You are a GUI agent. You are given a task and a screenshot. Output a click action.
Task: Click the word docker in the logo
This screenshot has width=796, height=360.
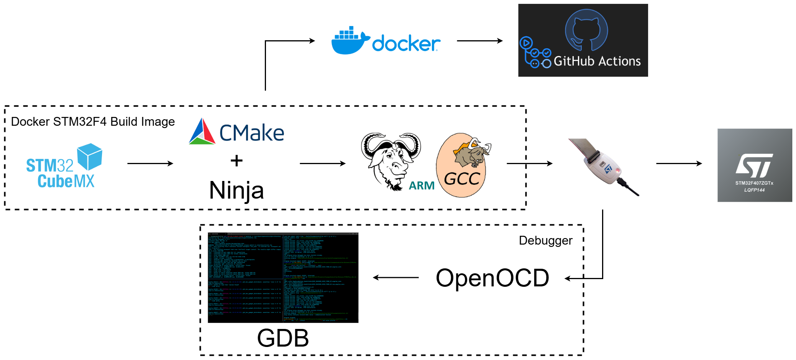click(x=406, y=44)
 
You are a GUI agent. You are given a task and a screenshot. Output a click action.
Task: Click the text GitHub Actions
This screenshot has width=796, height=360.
click(x=597, y=61)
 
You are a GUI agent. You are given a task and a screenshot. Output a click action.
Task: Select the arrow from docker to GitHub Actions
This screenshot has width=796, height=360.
click(x=479, y=41)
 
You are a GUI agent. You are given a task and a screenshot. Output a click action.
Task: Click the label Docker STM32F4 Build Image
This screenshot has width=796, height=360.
click(x=93, y=122)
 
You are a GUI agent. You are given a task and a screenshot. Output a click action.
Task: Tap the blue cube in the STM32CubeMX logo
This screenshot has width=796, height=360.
click(x=90, y=156)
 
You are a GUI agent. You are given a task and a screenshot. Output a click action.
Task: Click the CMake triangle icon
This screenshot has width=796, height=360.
click(x=202, y=132)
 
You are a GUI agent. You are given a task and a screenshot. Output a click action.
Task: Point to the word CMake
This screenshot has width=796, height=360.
click(x=252, y=133)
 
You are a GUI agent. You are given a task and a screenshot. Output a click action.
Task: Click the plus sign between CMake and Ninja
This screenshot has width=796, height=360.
click(x=236, y=161)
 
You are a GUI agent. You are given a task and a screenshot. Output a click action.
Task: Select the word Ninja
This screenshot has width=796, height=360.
click(x=236, y=190)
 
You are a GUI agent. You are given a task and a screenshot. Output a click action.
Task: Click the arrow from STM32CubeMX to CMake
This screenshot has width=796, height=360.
click(x=150, y=163)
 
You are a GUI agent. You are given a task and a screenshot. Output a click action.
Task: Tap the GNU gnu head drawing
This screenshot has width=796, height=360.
click(x=391, y=159)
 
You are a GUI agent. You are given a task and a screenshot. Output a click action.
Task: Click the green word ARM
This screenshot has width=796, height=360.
click(x=422, y=186)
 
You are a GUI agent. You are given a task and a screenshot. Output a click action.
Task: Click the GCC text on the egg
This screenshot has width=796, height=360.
click(x=462, y=179)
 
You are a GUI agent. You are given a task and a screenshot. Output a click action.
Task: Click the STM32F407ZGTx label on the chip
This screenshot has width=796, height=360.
click(x=754, y=183)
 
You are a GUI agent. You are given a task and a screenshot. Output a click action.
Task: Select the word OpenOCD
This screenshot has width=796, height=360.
click(x=492, y=278)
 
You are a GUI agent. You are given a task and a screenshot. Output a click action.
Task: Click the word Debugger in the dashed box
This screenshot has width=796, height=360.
click(x=545, y=240)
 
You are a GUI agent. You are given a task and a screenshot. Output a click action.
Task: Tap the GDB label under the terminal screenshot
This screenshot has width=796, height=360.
click(x=283, y=338)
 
